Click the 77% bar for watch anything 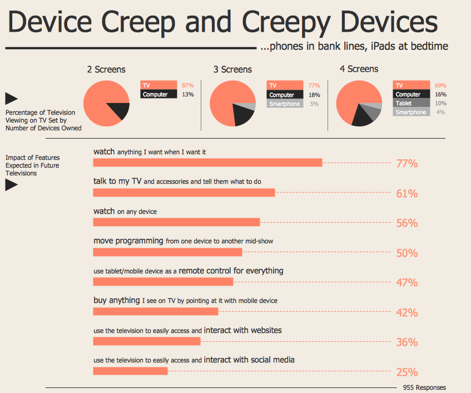[x=207, y=163]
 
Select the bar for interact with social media [x=130, y=371]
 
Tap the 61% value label [x=406, y=194]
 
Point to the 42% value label [x=406, y=313]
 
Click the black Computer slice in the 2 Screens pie [x=118, y=111]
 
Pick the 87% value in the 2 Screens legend [x=187, y=85]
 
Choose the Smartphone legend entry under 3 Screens [x=284, y=104]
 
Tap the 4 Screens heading [x=359, y=69]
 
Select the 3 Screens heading [x=232, y=70]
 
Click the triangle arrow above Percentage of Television [x=11, y=99]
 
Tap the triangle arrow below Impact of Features [x=11, y=185]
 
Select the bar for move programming [x=167, y=252]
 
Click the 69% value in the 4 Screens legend [x=440, y=85]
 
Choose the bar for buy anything [x=156, y=311]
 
